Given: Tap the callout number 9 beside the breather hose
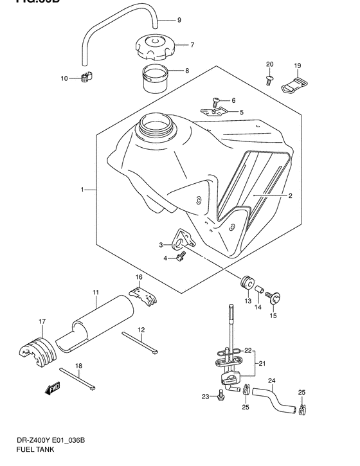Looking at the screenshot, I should pyautogui.click(x=179, y=20).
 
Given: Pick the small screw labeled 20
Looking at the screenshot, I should pyautogui.click(x=269, y=80).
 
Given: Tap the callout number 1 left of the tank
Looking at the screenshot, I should pyautogui.click(x=82, y=190).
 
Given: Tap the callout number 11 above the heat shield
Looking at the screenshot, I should pyautogui.click(x=94, y=292).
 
